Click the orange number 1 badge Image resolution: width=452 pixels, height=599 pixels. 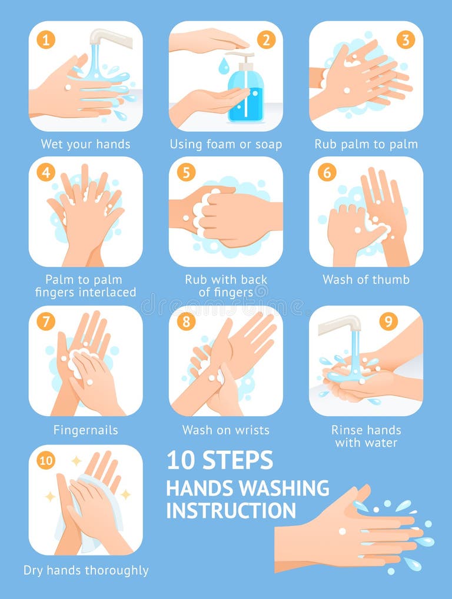tap(46, 40)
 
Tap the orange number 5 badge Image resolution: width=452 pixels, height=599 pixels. tap(186, 173)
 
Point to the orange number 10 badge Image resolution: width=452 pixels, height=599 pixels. tap(46, 460)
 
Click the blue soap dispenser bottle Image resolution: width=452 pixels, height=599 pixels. tap(245, 94)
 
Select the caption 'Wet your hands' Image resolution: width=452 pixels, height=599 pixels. tap(85, 144)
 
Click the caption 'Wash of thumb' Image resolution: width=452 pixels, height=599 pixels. tap(365, 280)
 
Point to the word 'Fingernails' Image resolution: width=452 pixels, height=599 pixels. tap(85, 430)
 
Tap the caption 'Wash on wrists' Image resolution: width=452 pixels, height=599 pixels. tap(225, 430)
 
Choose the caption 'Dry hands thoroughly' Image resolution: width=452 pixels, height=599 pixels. tap(86, 570)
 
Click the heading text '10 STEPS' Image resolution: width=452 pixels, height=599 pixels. tap(220, 460)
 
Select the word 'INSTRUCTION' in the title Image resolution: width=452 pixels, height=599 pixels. tap(231, 510)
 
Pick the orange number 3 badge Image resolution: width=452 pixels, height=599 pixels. tap(405, 40)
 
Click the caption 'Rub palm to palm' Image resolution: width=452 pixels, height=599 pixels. tap(365, 144)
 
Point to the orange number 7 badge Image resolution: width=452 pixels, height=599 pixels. tap(46, 322)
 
